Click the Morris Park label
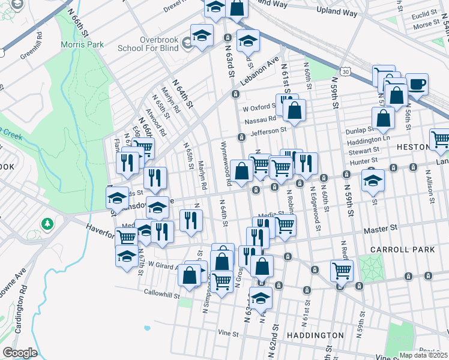[x=82, y=44]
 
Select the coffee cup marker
[x=417, y=84]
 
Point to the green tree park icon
[x=47, y=224]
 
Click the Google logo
[x=20, y=353]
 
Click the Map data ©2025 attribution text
[x=423, y=355]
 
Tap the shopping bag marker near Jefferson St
[x=294, y=110]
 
